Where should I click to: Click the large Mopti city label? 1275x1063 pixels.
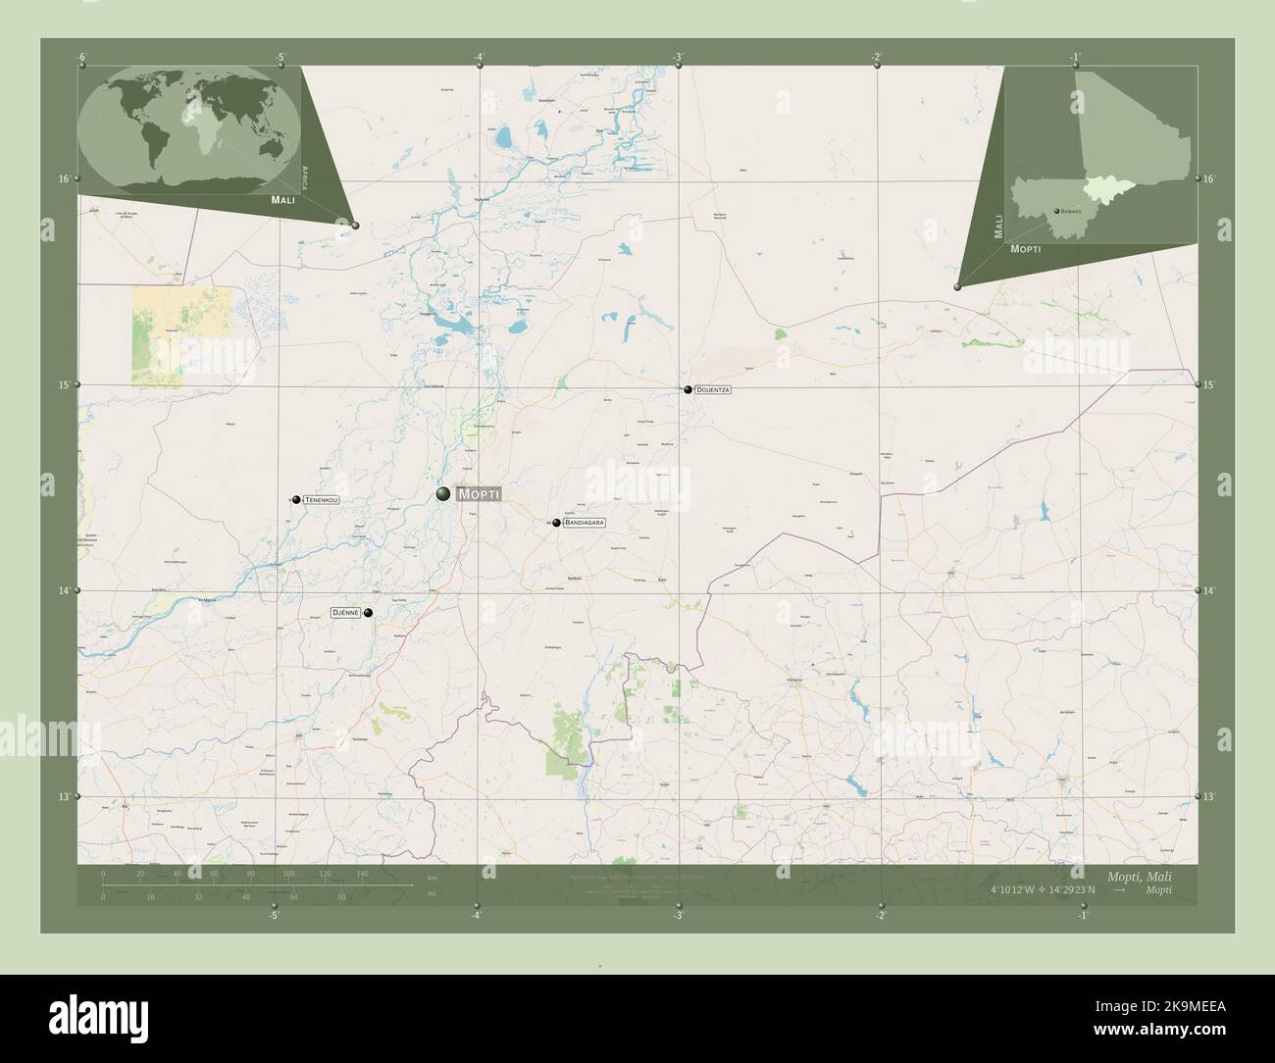click(479, 494)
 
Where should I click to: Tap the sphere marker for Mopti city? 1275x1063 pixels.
click(443, 493)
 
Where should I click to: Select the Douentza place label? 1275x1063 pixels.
click(713, 390)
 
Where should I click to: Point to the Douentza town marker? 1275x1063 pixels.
click(688, 389)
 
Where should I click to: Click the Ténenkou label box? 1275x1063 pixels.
click(322, 500)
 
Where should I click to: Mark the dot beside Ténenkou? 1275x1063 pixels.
click(295, 500)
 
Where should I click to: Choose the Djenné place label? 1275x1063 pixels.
click(346, 612)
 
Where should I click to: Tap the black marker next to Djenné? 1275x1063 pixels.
click(368, 613)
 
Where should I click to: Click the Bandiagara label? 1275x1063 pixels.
click(585, 524)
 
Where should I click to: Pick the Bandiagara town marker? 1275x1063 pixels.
click(556, 524)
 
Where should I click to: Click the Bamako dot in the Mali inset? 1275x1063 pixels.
click(1056, 211)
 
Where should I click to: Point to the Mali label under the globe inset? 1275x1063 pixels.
click(282, 200)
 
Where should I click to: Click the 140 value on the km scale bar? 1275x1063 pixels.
click(362, 874)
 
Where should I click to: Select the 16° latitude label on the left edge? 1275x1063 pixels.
click(64, 178)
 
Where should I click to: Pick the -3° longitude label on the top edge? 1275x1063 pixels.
click(678, 56)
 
